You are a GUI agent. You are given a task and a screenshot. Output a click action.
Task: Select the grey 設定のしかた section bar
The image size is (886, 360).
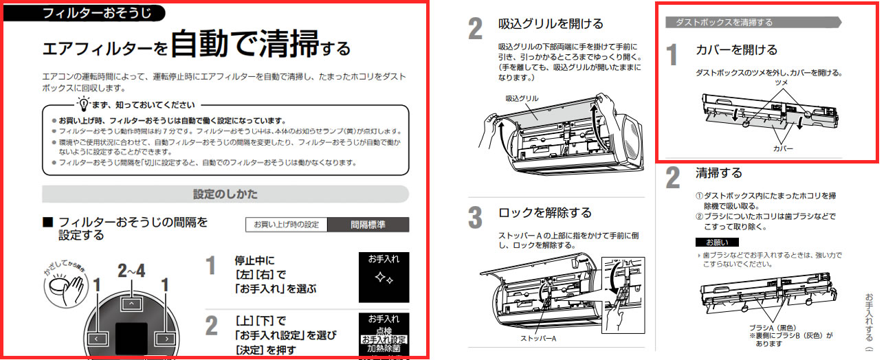click(225, 194)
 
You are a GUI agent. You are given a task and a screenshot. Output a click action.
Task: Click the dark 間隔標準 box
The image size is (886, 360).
click(368, 225)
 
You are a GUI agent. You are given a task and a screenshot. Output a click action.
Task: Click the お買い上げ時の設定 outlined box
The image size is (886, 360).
click(286, 225)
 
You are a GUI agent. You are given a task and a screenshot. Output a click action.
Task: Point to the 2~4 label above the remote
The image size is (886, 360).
click(131, 271)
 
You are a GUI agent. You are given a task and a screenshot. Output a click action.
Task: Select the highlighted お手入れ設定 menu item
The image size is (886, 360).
click(384, 339)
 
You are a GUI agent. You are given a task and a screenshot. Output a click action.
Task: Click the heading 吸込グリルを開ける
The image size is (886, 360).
click(551, 24)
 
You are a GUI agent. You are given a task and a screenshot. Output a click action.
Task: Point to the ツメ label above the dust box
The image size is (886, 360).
click(781, 82)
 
